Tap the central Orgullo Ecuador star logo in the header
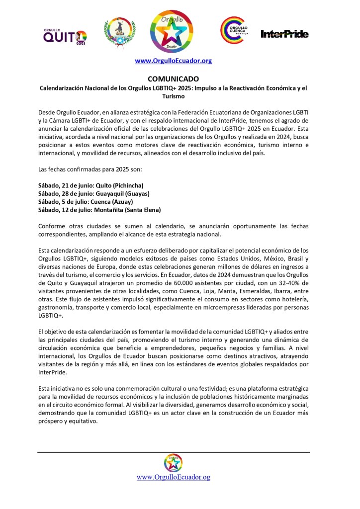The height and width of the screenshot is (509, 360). tap(174, 32)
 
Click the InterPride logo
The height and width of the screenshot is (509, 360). tap(284, 34)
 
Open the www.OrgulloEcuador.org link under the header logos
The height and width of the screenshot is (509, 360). tap(174, 61)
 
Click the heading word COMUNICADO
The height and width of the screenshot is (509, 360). tap(174, 79)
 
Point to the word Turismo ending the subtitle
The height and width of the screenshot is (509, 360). tap(174, 96)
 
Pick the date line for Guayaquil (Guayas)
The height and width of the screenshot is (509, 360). tap(94, 194)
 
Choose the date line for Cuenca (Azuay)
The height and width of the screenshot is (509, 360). tap(86, 202)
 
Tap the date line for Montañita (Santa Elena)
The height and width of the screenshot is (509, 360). tap(99, 210)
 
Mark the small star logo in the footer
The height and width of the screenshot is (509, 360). tap(174, 463)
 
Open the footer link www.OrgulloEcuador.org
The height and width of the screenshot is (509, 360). tap(174, 477)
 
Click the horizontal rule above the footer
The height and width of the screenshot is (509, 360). tap(174, 452)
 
